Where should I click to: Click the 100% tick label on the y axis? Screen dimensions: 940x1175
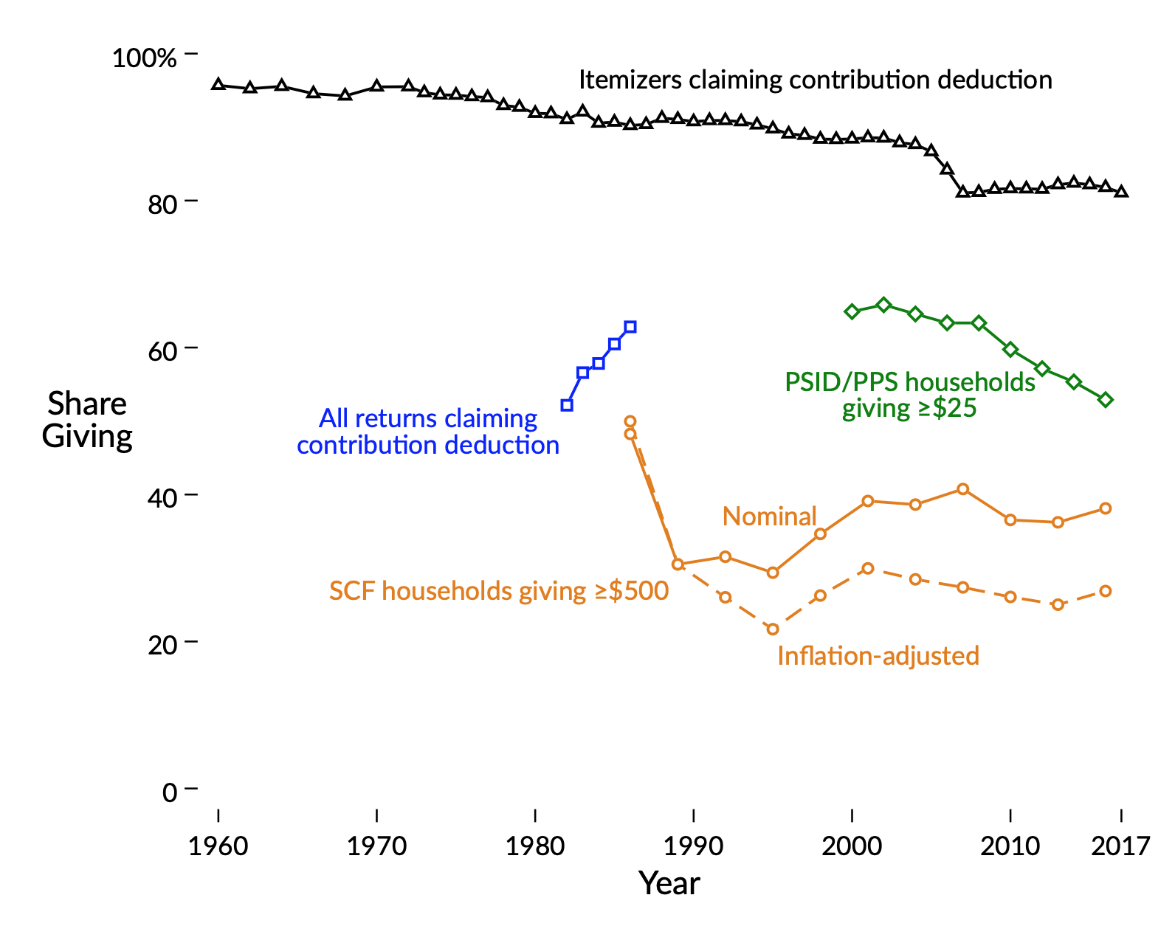tap(144, 57)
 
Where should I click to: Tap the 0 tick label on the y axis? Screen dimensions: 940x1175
tap(170, 792)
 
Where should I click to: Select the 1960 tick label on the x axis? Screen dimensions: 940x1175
tap(218, 846)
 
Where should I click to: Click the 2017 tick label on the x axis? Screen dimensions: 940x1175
tap(1120, 846)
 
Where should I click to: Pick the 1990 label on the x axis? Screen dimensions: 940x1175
tap(693, 846)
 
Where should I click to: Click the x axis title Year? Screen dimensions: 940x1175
tap(669, 883)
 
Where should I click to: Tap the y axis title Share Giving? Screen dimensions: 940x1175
tap(87, 420)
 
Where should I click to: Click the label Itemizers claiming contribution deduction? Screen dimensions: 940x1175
tap(815, 80)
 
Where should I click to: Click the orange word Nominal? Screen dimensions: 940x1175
tap(769, 516)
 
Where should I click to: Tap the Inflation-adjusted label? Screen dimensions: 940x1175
tap(878, 655)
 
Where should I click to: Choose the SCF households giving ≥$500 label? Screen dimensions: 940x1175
tap(499, 591)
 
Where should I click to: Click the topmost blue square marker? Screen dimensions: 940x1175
tap(630, 327)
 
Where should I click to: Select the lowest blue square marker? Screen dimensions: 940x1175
tap(567, 405)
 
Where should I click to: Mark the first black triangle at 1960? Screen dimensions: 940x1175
tap(218, 84)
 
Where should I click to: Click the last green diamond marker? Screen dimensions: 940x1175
tap(1106, 400)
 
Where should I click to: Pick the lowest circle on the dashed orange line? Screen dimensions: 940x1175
tap(773, 629)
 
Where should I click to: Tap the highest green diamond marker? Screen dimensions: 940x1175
tap(884, 305)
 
